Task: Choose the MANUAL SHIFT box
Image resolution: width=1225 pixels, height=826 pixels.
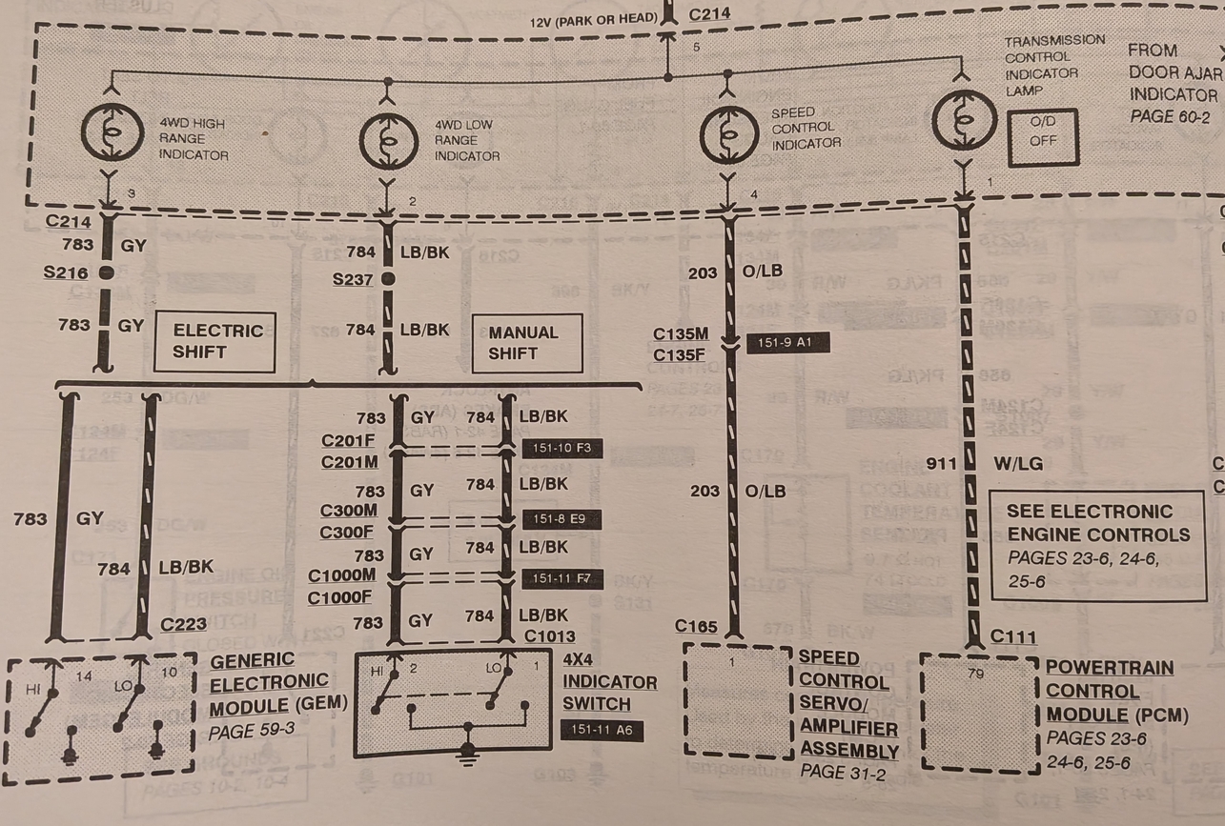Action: (527, 343)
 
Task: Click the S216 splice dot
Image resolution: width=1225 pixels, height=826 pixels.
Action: (106, 272)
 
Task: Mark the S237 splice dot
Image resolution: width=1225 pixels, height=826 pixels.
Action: (387, 279)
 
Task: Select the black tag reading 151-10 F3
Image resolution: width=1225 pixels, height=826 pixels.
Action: (562, 448)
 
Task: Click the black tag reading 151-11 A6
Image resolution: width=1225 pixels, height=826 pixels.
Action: (602, 732)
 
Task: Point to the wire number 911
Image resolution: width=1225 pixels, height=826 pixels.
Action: (941, 464)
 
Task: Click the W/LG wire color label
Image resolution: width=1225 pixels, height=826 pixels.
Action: (1018, 464)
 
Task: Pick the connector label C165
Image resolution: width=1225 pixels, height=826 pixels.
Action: (696, 626)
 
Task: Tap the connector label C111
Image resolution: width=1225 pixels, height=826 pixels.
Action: (1013, 636)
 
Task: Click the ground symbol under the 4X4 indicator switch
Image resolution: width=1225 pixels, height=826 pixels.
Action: (468, 753)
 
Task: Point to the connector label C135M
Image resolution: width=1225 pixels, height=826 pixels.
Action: (681, 334)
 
